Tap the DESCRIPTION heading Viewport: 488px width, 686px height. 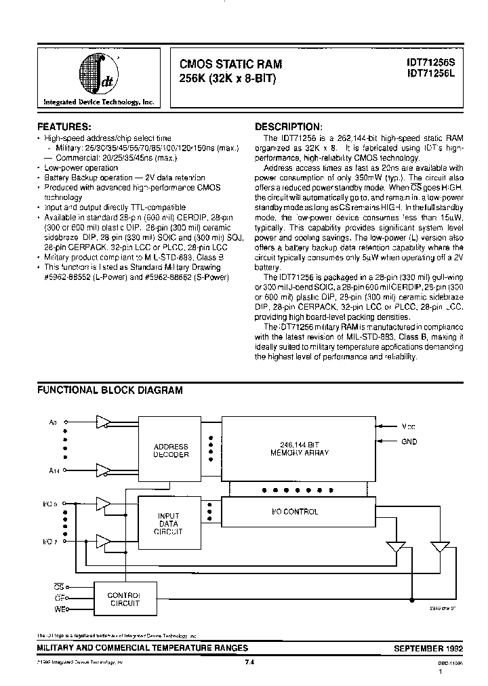tap(287, 127)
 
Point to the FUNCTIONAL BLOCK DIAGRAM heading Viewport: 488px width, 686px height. tap(109, 390)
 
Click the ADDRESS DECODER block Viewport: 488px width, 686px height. tap(171, 451)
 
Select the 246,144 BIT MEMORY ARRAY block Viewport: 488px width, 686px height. tap(298, 448)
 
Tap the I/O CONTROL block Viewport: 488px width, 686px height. tap(298, 512)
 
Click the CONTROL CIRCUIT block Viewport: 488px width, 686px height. tap(124, 599)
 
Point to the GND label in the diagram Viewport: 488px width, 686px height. tap(409, 442)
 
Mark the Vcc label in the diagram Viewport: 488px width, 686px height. tap(409, 426)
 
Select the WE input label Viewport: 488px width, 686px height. tap(58, 609)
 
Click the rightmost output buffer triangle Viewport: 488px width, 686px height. tap(440, 546)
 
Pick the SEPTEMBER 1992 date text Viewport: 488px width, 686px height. tap(428, 649)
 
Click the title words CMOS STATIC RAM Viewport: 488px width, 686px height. tap(230, 64)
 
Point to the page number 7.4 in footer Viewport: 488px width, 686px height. tap(249, 663)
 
